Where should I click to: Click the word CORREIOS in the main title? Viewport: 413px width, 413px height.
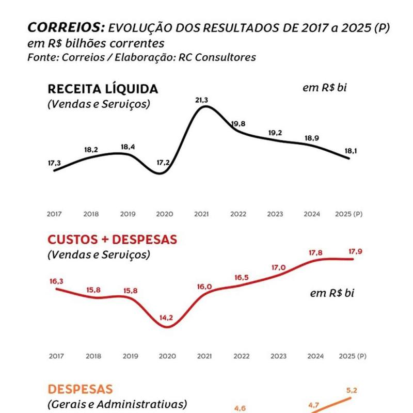point(65,27)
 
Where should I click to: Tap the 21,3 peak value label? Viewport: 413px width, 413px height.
point(202,100)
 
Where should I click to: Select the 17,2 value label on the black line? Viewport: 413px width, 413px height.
point(163,163)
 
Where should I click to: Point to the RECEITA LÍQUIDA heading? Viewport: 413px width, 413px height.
point(103,89)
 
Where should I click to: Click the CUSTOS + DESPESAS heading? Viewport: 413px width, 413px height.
point(112,240)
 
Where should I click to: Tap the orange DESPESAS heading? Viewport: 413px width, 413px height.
point(80,389)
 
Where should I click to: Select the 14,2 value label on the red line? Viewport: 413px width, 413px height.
point(166,318)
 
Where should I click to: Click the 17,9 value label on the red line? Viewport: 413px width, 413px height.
point(355,252)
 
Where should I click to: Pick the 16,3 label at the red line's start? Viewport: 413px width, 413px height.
point(56,282)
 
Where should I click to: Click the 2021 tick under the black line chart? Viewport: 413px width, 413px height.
point(201,214)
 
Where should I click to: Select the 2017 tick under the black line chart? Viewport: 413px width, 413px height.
point(54,214)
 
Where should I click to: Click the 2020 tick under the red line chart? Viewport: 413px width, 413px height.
point(167,356)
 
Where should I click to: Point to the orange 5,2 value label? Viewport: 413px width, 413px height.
point(352,391)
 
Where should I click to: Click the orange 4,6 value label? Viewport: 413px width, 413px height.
point(240,408)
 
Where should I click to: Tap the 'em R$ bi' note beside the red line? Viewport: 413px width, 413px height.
point(332,293)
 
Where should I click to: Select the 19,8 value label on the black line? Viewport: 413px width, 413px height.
point(238,124)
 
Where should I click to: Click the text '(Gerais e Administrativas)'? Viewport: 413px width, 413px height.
point(117,404)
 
